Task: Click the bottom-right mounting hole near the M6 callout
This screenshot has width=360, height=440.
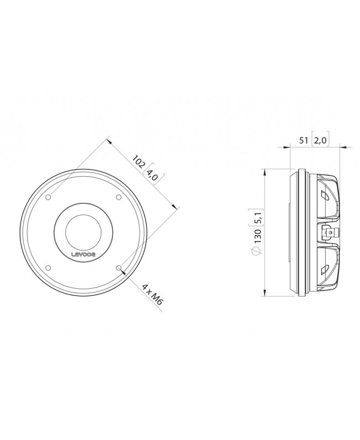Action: coord(119,268)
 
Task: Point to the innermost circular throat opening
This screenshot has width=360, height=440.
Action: coord(84,232)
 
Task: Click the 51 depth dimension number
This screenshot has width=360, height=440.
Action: coord(304,140)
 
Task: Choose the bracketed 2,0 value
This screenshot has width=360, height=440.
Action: coord(320,140)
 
